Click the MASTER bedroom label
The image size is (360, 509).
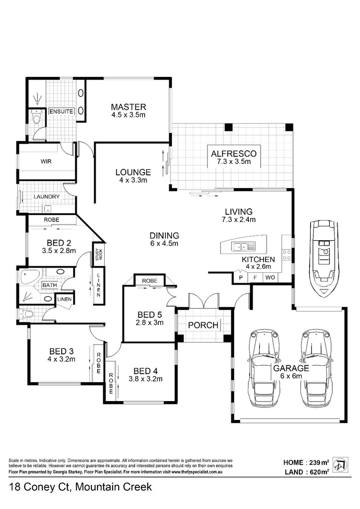tap(128, 107)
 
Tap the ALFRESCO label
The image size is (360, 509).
tap(234, 154)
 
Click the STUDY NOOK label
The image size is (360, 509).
tap(98, 254)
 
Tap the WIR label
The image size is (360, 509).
tap(46, 161)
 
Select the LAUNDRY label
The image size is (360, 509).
tap(46, 197)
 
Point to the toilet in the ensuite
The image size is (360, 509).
tap(35, 116)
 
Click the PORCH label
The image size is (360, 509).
tap(203, 325)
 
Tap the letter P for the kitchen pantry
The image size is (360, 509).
tap(241, 278)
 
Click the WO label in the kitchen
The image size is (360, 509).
tap(270, 278)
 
